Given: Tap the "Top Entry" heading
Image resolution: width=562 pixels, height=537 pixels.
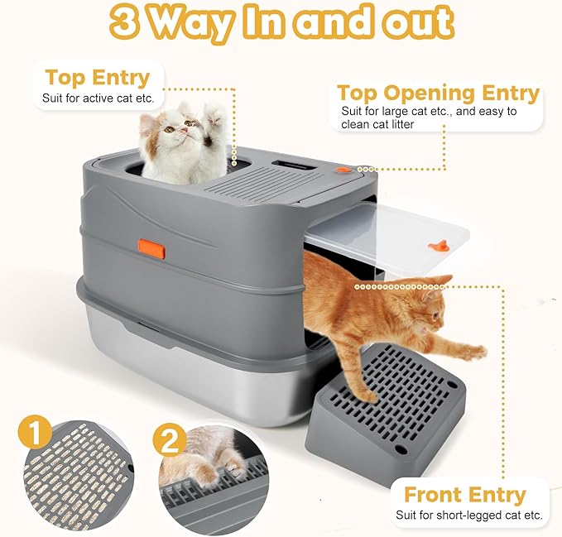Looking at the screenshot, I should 97,78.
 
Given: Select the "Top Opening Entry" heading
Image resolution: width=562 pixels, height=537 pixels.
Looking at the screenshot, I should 438,93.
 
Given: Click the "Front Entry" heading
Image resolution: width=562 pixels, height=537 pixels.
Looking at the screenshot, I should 464,495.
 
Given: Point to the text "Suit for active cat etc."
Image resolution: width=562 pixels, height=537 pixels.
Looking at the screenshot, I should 98,98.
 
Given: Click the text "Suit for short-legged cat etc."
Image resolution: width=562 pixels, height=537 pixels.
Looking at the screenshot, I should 468,515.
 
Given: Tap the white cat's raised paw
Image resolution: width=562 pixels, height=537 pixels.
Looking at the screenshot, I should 214,113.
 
